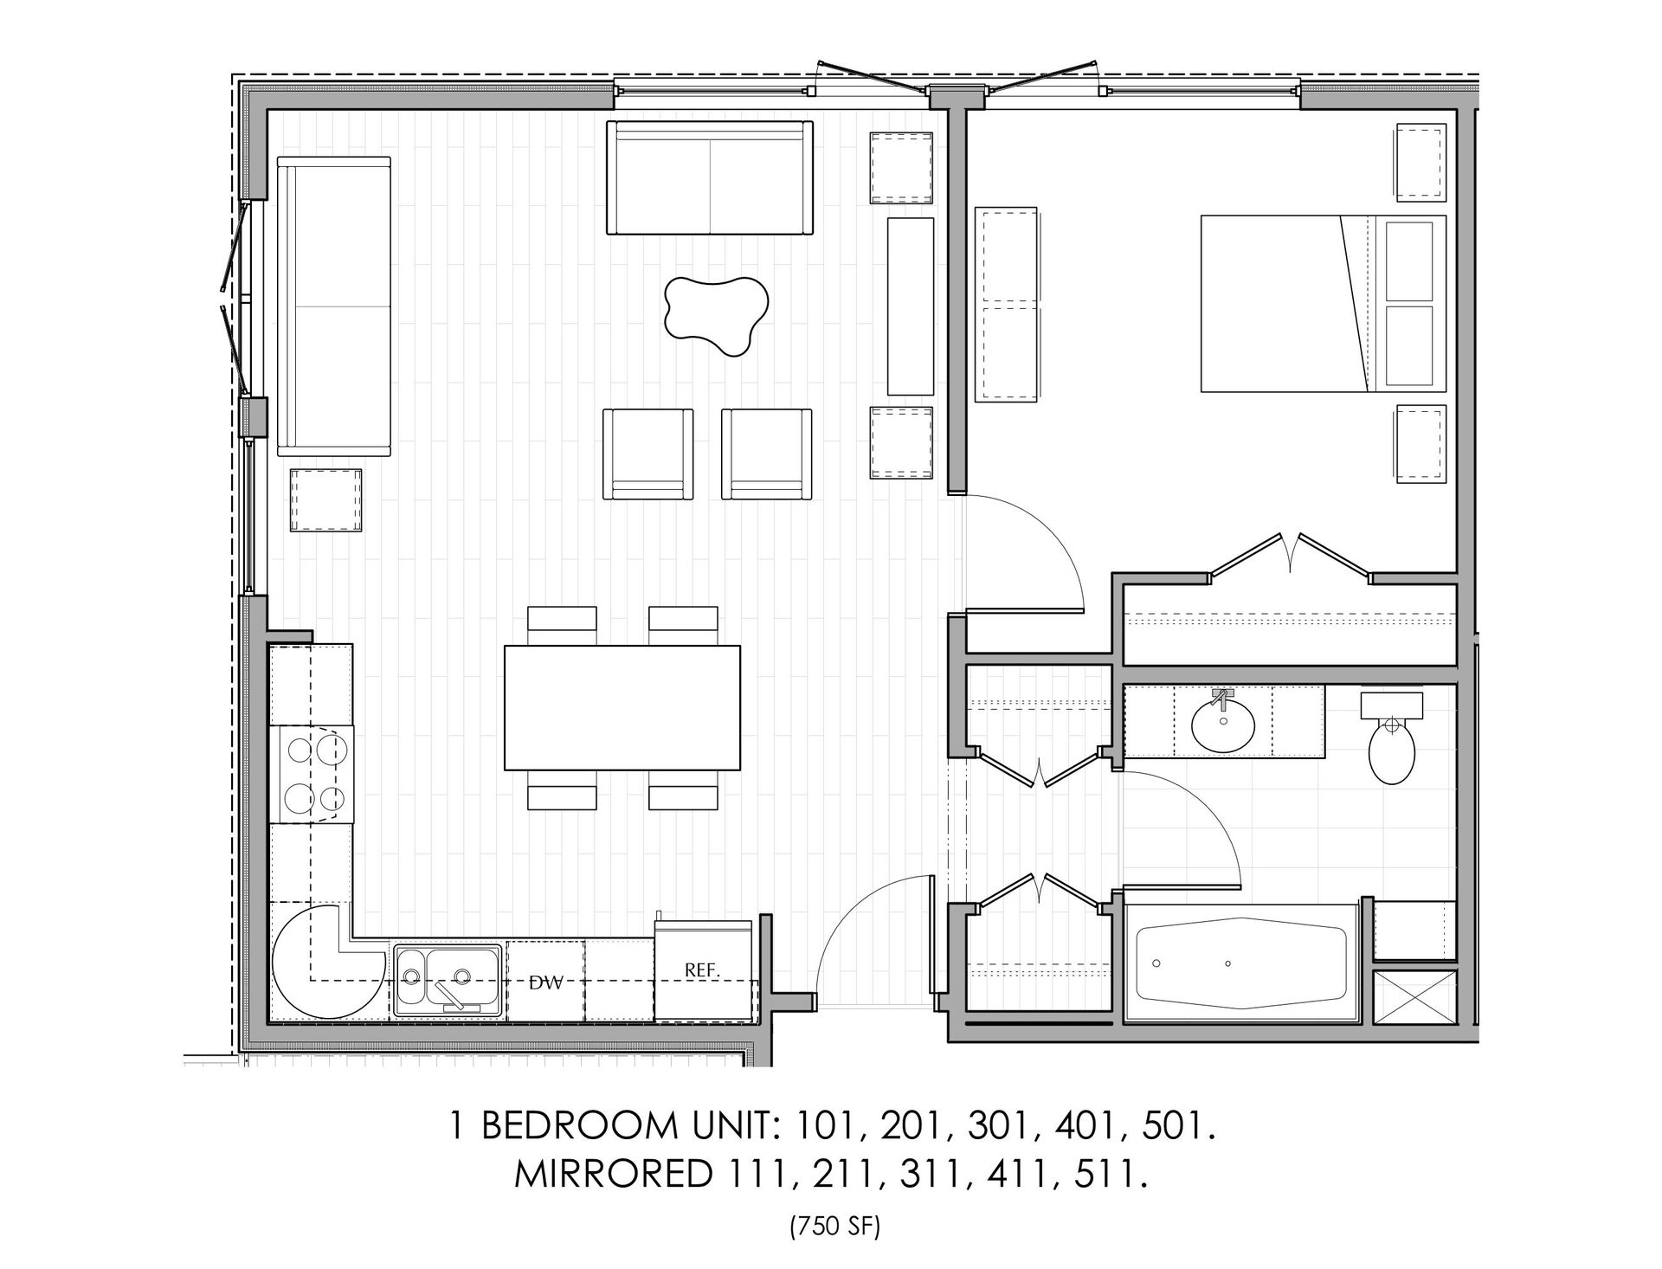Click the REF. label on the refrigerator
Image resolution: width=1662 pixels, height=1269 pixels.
click(x=702, y=970)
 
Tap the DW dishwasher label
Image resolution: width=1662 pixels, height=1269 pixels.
click(x=546, y=982)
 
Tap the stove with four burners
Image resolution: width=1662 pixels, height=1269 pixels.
click(x=312, y=774)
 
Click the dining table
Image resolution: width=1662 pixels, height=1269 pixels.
click(x=622, y=707)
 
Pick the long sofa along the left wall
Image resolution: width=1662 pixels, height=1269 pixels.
click(x=334, y=306)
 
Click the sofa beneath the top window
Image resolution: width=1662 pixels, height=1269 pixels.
click(x=710, y=178)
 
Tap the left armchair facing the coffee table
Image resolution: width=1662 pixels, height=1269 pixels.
click(x=648, y=454)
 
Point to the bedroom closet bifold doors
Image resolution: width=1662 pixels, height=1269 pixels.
click(x=1291, y=554)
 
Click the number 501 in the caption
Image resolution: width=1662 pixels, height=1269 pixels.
click(x=1174, y=1127)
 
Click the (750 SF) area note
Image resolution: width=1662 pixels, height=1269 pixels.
click(x=833, y=1227)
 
